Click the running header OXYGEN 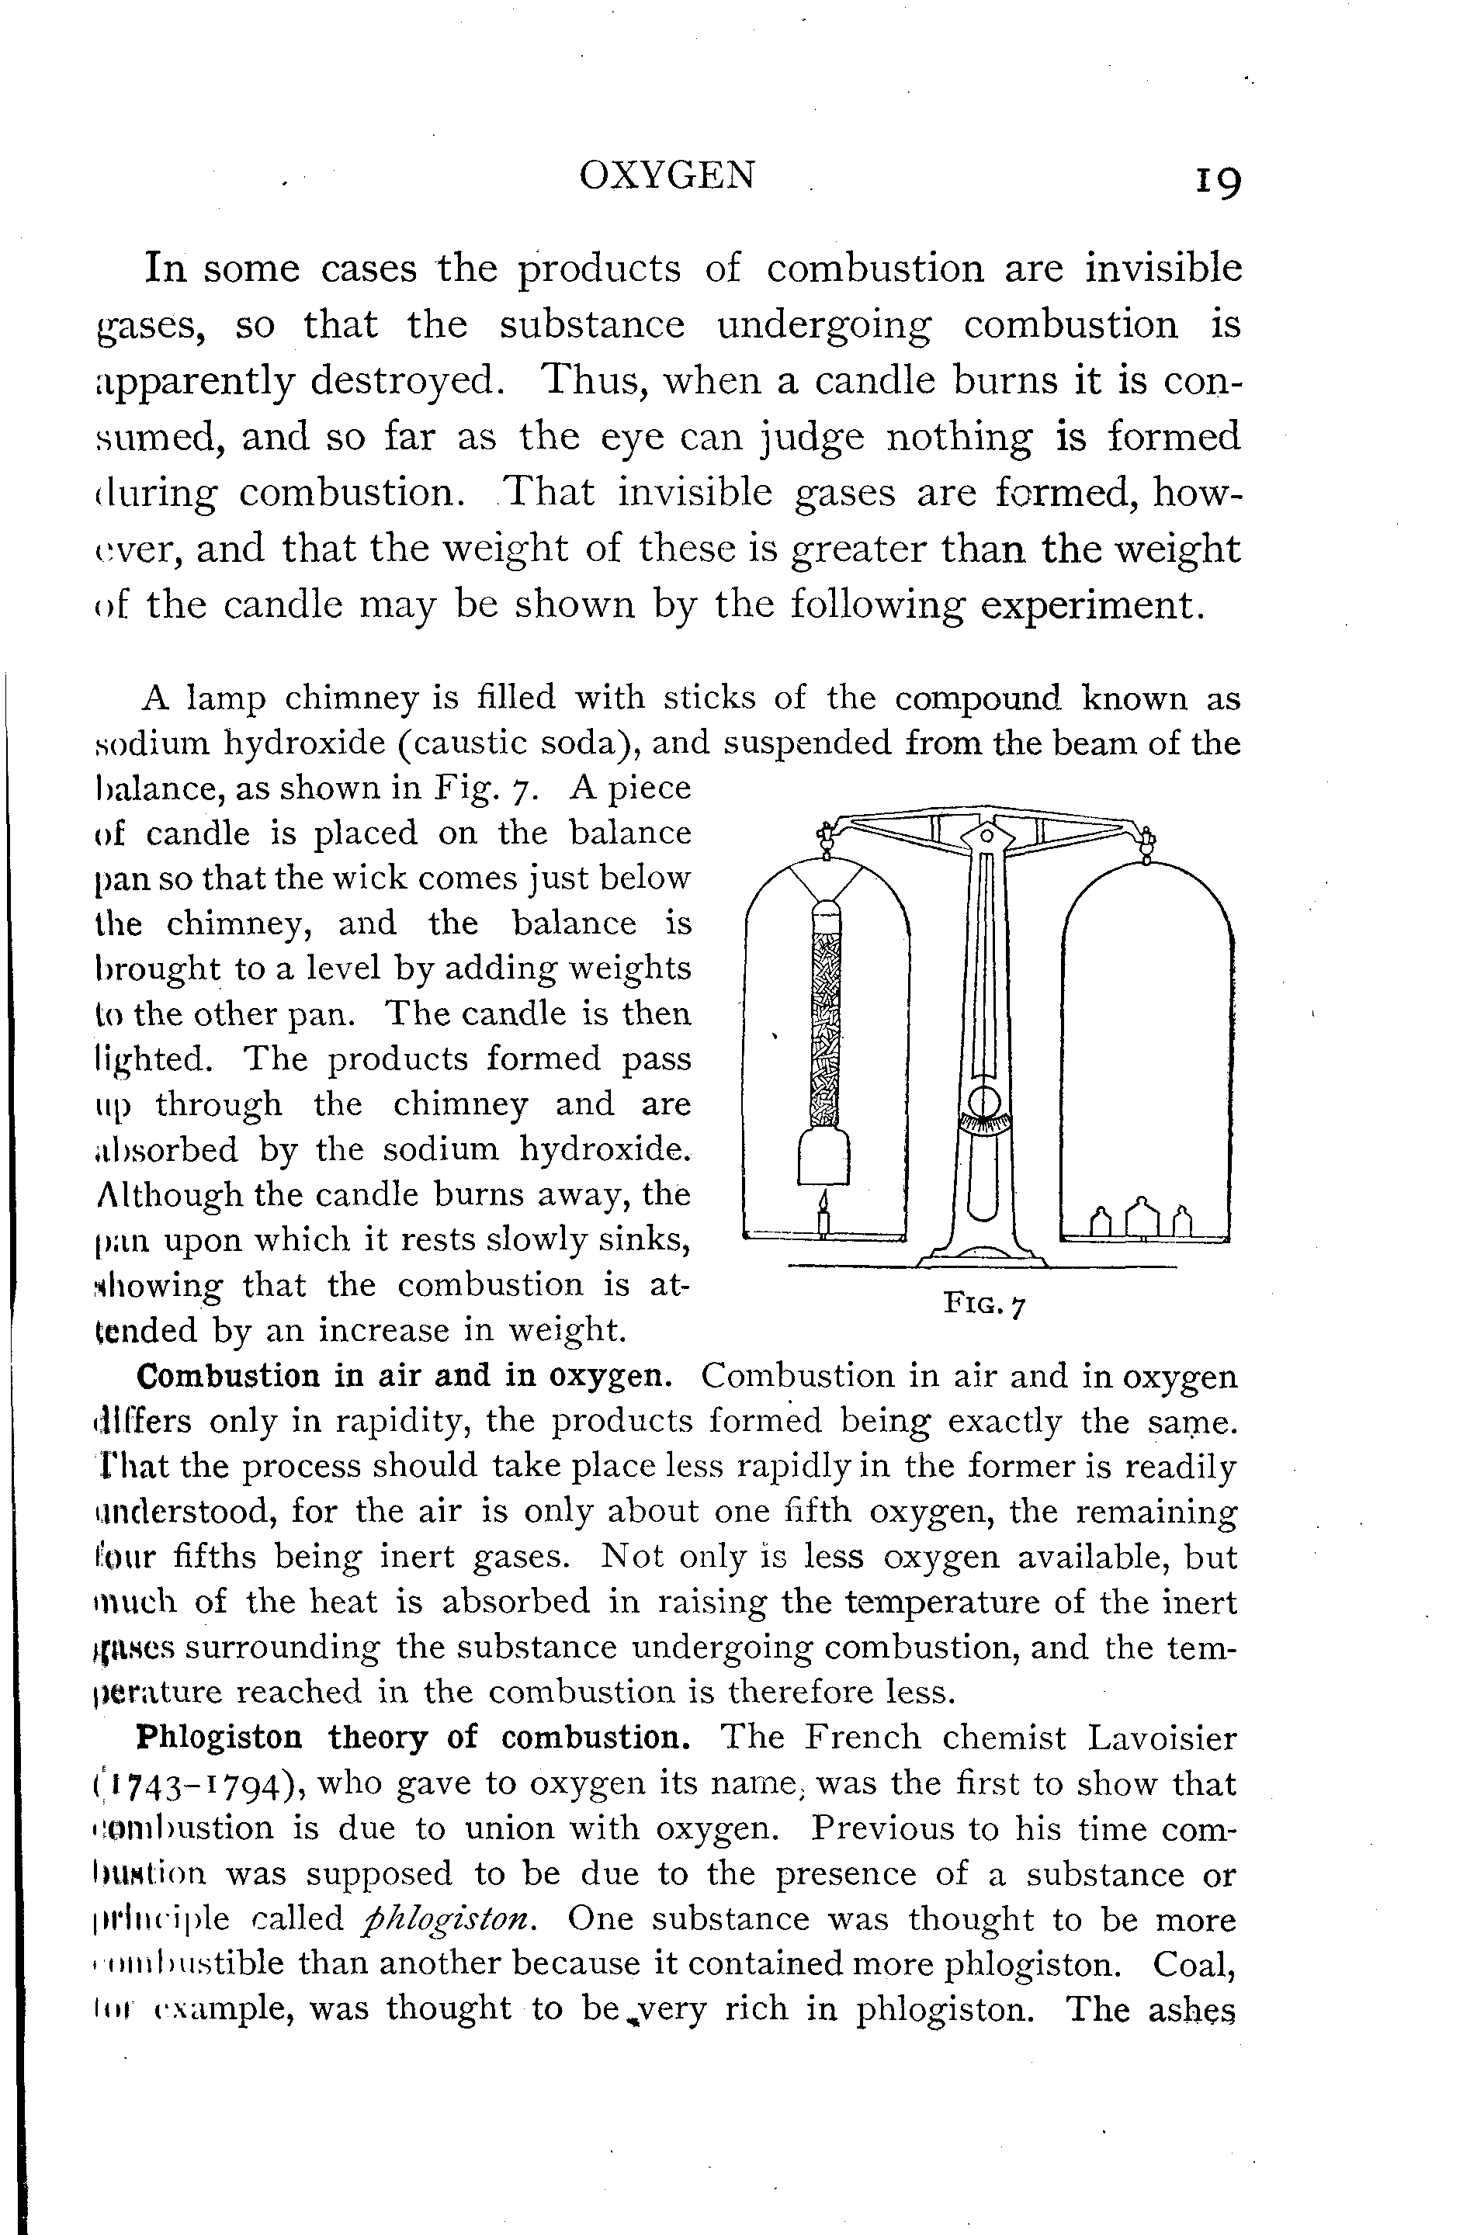coord(667,175)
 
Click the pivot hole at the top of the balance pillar coord(985,836)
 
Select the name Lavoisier coord(1161,1738)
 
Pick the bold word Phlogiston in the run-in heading coord(220,1738)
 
